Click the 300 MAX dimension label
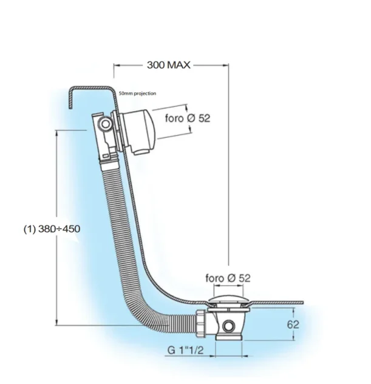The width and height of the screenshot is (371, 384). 169,65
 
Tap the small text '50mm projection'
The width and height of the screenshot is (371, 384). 138,94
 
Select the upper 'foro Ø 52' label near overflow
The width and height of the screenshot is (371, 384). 189,119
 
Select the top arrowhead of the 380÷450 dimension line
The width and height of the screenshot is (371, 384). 56,133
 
